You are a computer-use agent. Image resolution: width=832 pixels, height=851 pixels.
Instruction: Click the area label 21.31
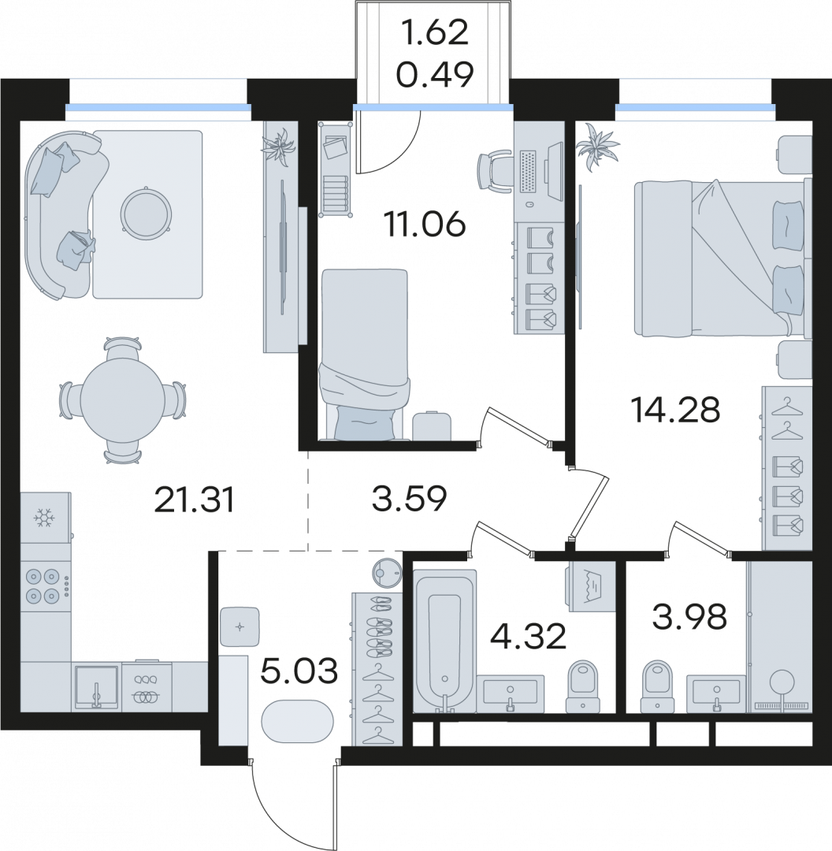coord(195,500)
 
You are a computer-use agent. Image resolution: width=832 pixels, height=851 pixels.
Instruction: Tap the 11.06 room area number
coord(424,224)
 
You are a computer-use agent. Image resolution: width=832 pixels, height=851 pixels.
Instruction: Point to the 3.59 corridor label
coord(409,498)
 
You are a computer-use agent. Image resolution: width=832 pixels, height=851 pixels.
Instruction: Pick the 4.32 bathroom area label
coord(528,636)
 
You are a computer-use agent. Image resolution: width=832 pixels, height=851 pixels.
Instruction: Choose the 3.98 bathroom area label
coord(689,617)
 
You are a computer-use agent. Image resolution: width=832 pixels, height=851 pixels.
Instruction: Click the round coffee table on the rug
coord(147,214)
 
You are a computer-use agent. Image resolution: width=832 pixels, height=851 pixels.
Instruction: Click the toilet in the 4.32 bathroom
coord(582,686)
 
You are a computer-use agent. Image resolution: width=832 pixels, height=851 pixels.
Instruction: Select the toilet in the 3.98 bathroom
coord(657,686)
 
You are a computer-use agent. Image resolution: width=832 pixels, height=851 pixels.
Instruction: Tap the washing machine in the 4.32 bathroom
coord(591,586)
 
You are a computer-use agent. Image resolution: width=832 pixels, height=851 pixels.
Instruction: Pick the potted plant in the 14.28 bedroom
coord(597,147)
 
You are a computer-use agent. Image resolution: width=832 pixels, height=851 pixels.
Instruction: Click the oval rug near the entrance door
coord(297,721)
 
